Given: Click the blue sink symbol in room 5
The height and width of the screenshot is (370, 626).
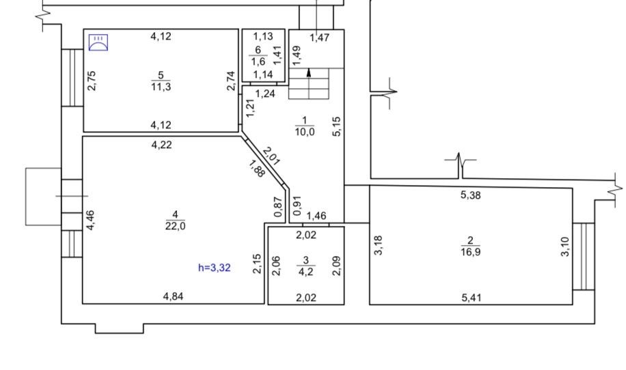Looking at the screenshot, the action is [98, 42].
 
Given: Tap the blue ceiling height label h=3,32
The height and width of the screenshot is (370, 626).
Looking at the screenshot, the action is [215, 268].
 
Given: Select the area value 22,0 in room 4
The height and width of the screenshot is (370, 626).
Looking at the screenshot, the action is [175, 226].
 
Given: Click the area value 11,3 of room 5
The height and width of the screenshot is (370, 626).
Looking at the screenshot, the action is [161, 87].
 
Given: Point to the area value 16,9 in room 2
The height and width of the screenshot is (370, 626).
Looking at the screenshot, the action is [470, 252].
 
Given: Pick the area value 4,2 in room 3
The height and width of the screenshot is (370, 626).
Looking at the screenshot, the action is [305, 272].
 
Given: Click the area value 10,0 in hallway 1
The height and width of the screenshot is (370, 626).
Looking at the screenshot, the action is [305, 132].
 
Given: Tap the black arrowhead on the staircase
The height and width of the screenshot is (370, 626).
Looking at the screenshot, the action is [309, 72].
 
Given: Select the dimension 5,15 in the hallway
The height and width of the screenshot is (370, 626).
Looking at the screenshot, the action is [337, 126].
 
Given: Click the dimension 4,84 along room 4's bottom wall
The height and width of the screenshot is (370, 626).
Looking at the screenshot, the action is [174, 296].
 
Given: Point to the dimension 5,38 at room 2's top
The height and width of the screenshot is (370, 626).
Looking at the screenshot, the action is [471, 195].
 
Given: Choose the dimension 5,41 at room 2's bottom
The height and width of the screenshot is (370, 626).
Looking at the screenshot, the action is [472, 298].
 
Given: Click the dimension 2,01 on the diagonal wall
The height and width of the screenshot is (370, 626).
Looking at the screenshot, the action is [271, 156].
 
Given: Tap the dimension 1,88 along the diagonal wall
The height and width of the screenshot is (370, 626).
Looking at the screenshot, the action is [256, 168].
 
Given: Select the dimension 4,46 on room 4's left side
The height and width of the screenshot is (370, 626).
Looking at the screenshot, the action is [91, 220].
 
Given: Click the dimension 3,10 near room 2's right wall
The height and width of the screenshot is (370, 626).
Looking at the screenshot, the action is [565, 246].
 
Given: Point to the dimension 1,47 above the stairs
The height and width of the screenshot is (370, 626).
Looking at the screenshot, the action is [320, 38].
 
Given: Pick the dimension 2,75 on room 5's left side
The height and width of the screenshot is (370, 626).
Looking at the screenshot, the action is [92, 81].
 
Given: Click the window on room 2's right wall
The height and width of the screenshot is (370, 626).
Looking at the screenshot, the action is [584, 257].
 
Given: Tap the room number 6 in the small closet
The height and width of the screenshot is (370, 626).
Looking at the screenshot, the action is [258, 50].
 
